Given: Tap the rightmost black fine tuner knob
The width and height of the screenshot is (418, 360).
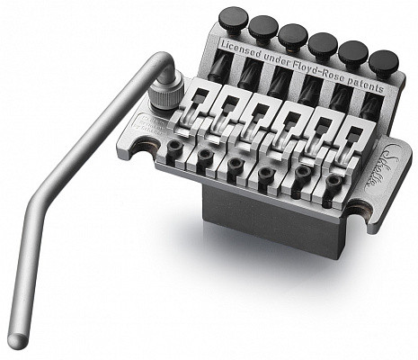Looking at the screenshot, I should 384,61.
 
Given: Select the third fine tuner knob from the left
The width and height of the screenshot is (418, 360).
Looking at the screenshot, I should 293,35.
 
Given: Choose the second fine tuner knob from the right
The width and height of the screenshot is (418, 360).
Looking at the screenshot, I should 353,52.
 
